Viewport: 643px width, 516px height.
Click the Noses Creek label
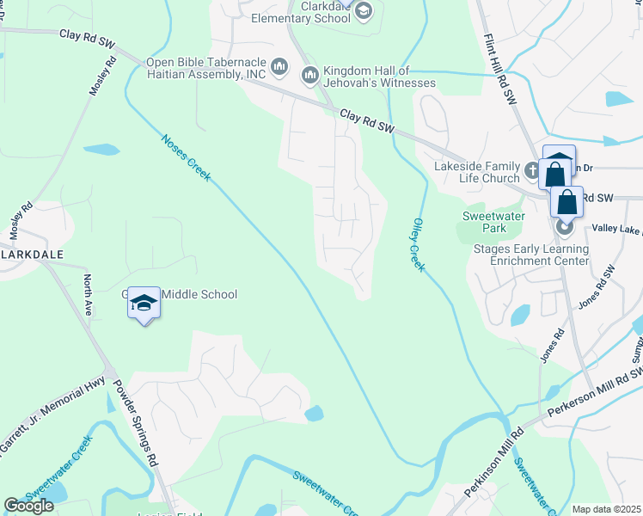tap(185, 157)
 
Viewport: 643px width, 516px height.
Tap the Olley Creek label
tap(417, 244)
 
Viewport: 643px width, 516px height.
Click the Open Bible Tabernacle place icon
tap(279, 67)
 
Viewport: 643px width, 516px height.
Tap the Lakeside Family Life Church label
tap(465, 172)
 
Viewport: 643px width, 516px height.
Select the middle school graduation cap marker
tap(144, 303)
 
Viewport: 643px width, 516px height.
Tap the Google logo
tap(28, 506)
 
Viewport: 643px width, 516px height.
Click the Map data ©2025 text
tap(606, 509)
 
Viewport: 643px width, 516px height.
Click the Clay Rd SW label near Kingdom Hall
tap(366, 120)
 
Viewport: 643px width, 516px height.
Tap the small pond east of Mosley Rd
tap(101, 149)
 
